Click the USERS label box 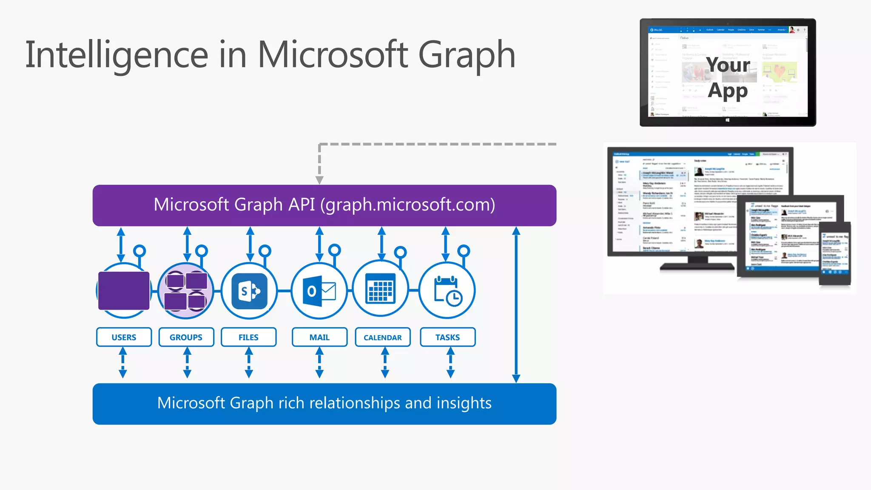[124, 337]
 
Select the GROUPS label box [186, 337]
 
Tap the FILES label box [248, 337]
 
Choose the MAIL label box [319, 337]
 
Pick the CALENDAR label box [382, 337]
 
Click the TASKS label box [447, 337]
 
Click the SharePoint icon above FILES [249, 291]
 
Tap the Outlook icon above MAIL [319, 291]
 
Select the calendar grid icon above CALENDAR [381, 289]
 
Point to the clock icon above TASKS [447, 291]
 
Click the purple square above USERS [124, 291]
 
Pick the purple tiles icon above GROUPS [186, 291]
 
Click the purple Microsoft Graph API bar [324, 205]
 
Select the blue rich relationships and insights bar [324, 404]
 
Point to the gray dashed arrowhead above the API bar [319, 180]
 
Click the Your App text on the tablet [728, 77]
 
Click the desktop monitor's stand [697, 263]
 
